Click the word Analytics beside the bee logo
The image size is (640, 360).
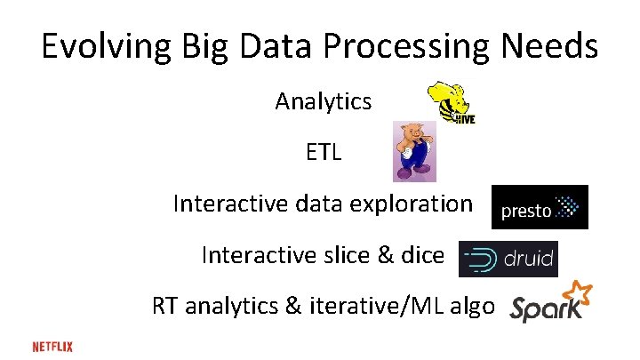pos(324,102)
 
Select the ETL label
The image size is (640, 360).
pos(324,153)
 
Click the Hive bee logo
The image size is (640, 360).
pos(451,102)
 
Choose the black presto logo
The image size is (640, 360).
pos(540,207)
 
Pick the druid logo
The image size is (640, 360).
pos(508,259)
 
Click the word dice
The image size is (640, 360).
pos(421,256)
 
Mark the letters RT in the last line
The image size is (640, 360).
pos(165,308)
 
